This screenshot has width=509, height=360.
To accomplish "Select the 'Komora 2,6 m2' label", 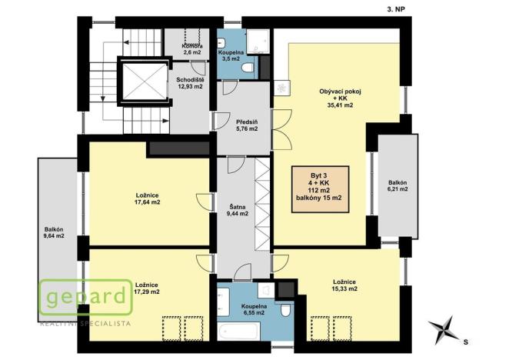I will (191, 49).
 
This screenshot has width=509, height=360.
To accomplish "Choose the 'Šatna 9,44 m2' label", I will (238, 210).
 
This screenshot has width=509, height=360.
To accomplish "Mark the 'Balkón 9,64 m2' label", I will (54, 233).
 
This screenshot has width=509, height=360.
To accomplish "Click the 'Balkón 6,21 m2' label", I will (398, 187).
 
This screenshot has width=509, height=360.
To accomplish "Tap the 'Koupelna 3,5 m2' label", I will (232, 55).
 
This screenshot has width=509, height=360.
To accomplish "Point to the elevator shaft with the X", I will (141, 82).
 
